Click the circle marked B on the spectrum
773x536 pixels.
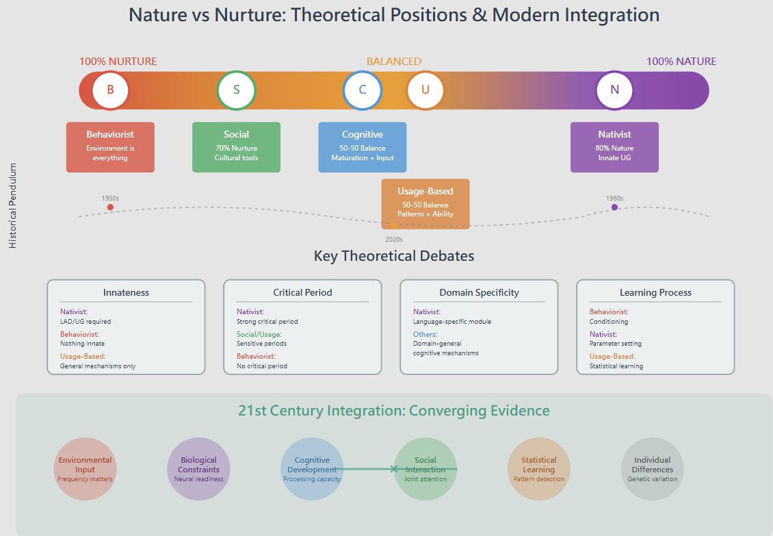(x=111, y=90)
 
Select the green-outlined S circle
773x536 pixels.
(x=236, y=90)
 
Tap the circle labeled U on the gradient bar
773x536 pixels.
(x=425, y=90)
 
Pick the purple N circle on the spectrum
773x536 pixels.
(x=614, y=90)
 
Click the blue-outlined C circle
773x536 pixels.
(x=362, y=90)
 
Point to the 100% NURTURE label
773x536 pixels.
(x=118, y=62)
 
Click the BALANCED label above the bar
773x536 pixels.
(x=393, y=62)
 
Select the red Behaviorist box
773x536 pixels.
(x=110, y=147)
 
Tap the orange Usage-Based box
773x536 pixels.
(x=425, y=203)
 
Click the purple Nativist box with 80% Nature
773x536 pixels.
(x=614, y=147)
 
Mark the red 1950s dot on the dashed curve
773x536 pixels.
(x=110, y=207)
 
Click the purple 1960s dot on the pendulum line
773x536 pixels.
(x=614, y=207)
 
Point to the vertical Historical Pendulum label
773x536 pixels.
(x=13, y=205)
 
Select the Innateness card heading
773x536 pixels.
(x=126, y=292)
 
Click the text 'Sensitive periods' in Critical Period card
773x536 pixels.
(x=262, y=344)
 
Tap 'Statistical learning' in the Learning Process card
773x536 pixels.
(x=616, y=366)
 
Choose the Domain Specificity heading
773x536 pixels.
(x=479, y=292)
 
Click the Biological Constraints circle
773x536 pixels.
(x=198, y=469)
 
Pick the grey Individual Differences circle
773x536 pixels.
(x=652, y=469)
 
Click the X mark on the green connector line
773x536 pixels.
(x=393, y=469)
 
